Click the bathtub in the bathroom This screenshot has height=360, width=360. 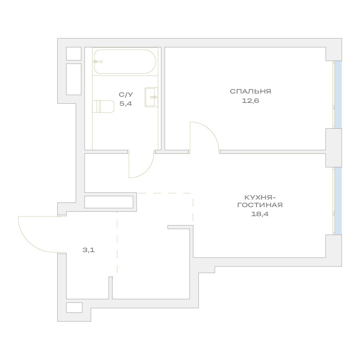click(x=125, y=61)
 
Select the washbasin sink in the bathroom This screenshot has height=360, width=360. click(x=151, y=97)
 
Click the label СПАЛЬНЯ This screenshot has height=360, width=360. click(x=250, y=91)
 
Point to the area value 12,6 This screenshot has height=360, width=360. click(x=250, y=101)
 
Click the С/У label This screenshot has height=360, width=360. click(x=126, y=94)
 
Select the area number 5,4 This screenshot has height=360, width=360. click(x=126, y=104)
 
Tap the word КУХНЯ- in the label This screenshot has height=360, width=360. click(x=260, y=197)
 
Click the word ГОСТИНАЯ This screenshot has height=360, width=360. click(x=260, y=205)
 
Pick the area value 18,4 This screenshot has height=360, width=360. click(x=260, y=214)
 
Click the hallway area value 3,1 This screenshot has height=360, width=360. click(x=88, y=250)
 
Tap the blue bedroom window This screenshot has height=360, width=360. click(x=338, y=95)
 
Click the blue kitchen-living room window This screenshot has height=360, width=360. click(x=338, y=201)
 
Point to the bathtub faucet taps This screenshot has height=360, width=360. click(x=97, y=61)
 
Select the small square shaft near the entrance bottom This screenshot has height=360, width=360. click(x=74, y=307)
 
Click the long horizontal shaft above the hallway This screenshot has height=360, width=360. click(x=109, y=202)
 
